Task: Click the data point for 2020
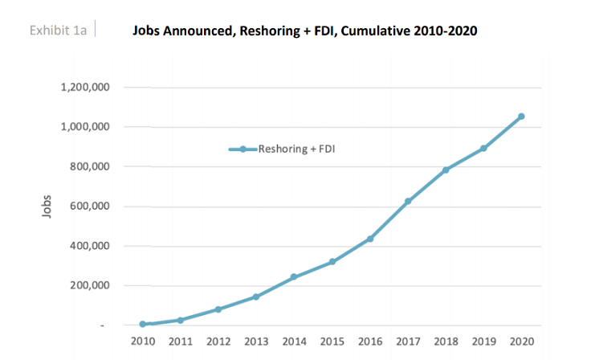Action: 521,117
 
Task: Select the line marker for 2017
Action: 408,201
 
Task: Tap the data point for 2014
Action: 294,276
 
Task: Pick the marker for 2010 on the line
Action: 142,324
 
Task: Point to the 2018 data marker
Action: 446,170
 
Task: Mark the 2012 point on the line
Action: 218,309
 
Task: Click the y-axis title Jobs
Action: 47,206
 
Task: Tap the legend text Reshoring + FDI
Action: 296,149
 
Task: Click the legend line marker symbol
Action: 242,149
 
